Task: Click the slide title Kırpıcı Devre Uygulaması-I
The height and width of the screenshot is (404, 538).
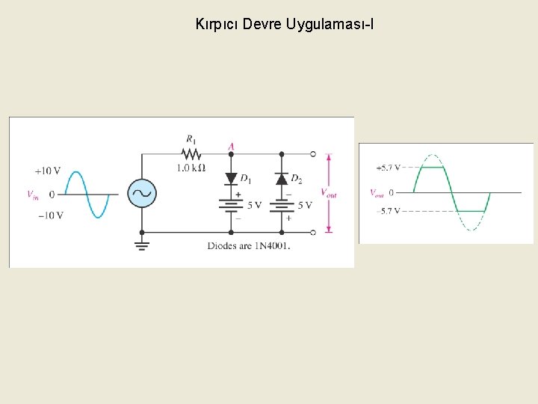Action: tap(284, 25)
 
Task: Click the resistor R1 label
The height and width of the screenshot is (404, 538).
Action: tap(192, 139)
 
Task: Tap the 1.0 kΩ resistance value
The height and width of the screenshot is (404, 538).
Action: tap(191, 168)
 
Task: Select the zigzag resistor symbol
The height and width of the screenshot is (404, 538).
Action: tap(191, 153)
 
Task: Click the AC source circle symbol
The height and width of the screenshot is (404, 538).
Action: tap(141, 193)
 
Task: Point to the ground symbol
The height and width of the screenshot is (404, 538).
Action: tap(141, 244)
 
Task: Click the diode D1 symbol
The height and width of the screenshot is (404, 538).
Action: tap(231, 178)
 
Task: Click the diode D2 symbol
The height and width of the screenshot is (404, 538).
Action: tap(282, 178)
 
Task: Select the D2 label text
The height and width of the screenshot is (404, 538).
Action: tap(297, 179)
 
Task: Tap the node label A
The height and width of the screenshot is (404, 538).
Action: tap(231, 145)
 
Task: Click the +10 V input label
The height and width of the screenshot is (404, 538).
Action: tap(46, 171)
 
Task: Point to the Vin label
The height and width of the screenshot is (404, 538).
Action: tap(33, 195)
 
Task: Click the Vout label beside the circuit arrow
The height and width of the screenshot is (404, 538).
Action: tap(329, 193)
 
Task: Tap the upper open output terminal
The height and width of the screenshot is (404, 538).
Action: tap(313, 154)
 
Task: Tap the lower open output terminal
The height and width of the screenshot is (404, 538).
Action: tap(313, 232)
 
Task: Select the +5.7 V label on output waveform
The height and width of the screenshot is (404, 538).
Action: tap(388, 167)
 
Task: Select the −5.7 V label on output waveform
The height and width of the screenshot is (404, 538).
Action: tap(389, 212)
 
